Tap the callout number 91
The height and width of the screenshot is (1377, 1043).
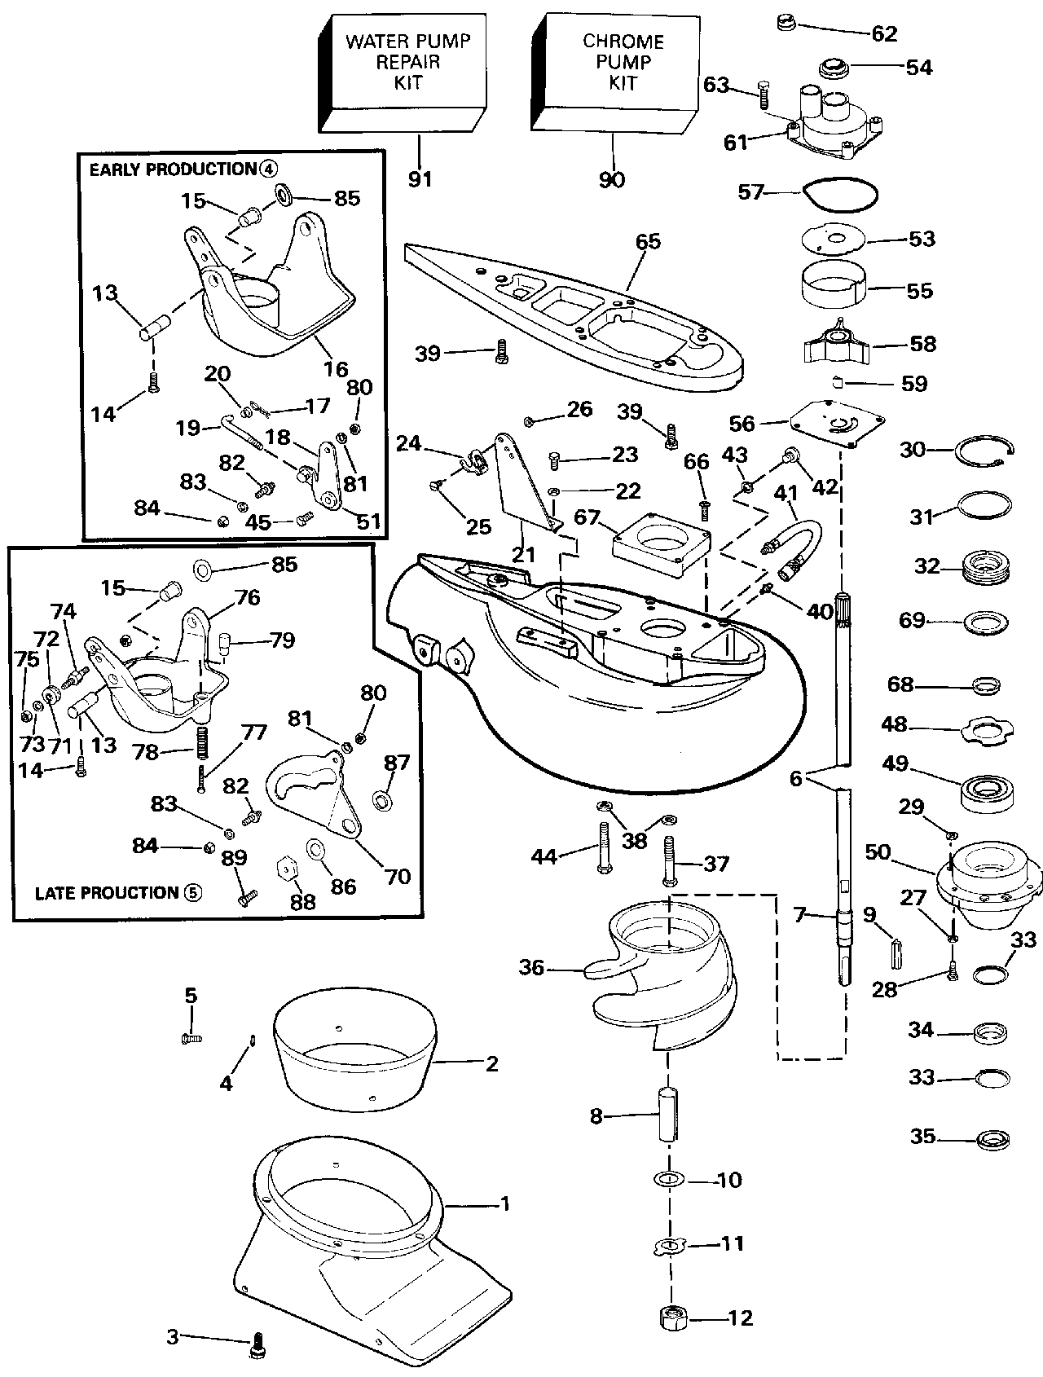(420, 178)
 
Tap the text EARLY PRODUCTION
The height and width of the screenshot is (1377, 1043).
(172, 169)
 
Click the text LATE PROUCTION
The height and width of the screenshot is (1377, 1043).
(106, 893)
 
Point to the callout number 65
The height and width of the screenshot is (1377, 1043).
(648, 241)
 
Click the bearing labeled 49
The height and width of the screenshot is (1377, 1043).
(987, 792)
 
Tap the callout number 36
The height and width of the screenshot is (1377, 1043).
(531, 967)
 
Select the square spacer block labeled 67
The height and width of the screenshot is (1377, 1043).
(661, 541)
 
